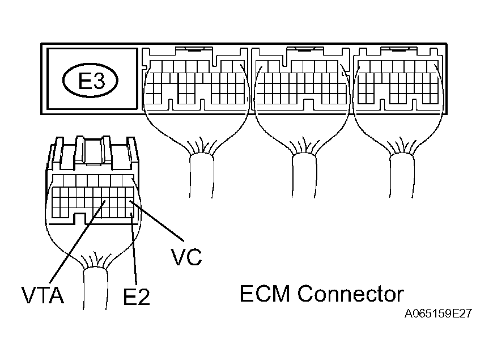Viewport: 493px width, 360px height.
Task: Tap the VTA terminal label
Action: point(42,295)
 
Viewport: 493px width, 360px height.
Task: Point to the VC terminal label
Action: point(186,257)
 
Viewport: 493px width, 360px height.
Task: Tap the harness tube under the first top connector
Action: point(201,176)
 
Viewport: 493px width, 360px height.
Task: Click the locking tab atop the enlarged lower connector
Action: point(93,153)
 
